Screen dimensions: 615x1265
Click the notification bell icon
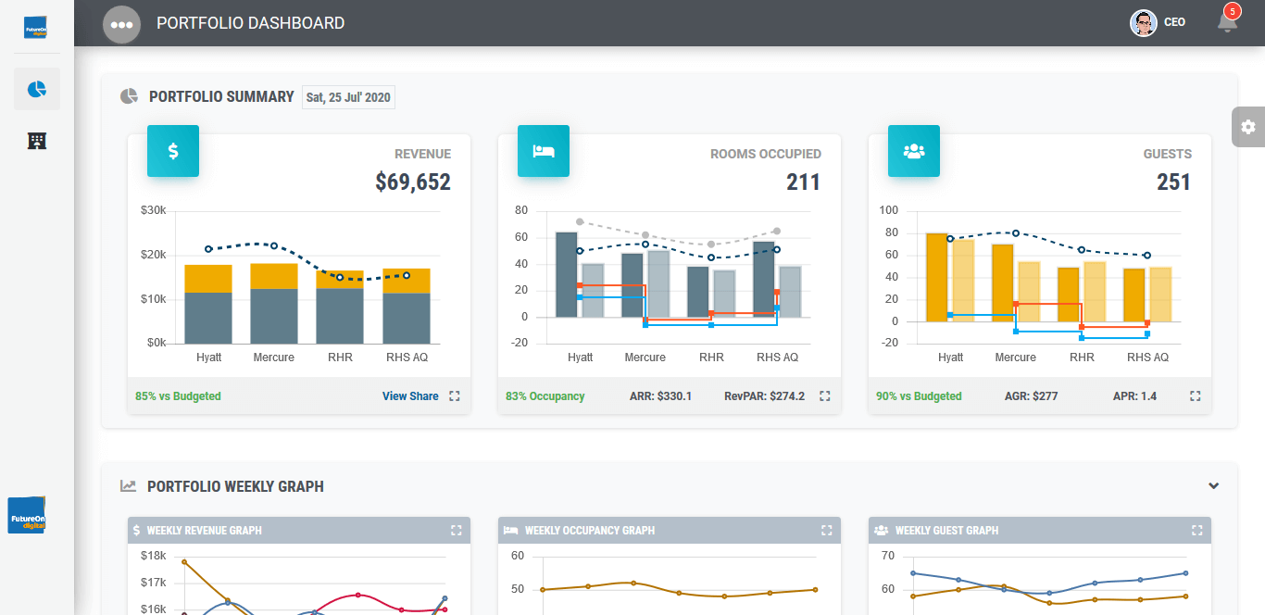click(x=1227, y=22)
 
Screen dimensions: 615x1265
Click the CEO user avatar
click(x=1144, y=23)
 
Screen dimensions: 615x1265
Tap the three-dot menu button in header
click(x=121, y=24)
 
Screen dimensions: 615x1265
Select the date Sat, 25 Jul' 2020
click(x=348, y=97)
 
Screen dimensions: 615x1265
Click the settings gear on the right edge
click(x=1247, y=127)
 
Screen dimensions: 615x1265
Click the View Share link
click(x=410, y=396)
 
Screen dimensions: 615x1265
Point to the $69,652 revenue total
click(x=413, y=182)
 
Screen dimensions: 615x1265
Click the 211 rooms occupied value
click(x=803, y=182)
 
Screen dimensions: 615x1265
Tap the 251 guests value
click(x=1173, y=182)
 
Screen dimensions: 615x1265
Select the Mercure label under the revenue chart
click(x=273, y=358)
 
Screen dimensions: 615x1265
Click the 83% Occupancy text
click(x=545, y=396)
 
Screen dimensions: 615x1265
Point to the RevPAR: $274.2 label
click(x=764, y=396)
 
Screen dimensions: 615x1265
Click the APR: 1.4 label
click(x=1134, y=396)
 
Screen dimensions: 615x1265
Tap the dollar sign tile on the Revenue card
click(x=173, y=151)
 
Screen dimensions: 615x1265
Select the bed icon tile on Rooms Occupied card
click(x=544, y=151)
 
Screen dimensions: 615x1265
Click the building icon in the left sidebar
click(x=37, y=141)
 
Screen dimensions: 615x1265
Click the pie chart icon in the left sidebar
click(x=37, y=89)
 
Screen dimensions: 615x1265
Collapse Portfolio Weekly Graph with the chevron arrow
click(x=1213, y=486)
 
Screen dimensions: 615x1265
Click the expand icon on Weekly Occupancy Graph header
click(x=826, y=531)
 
